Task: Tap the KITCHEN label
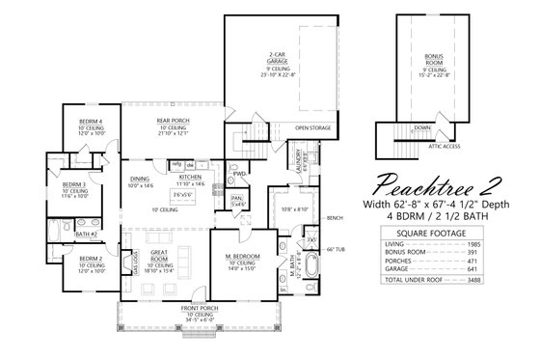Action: click(x=189, y=178)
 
